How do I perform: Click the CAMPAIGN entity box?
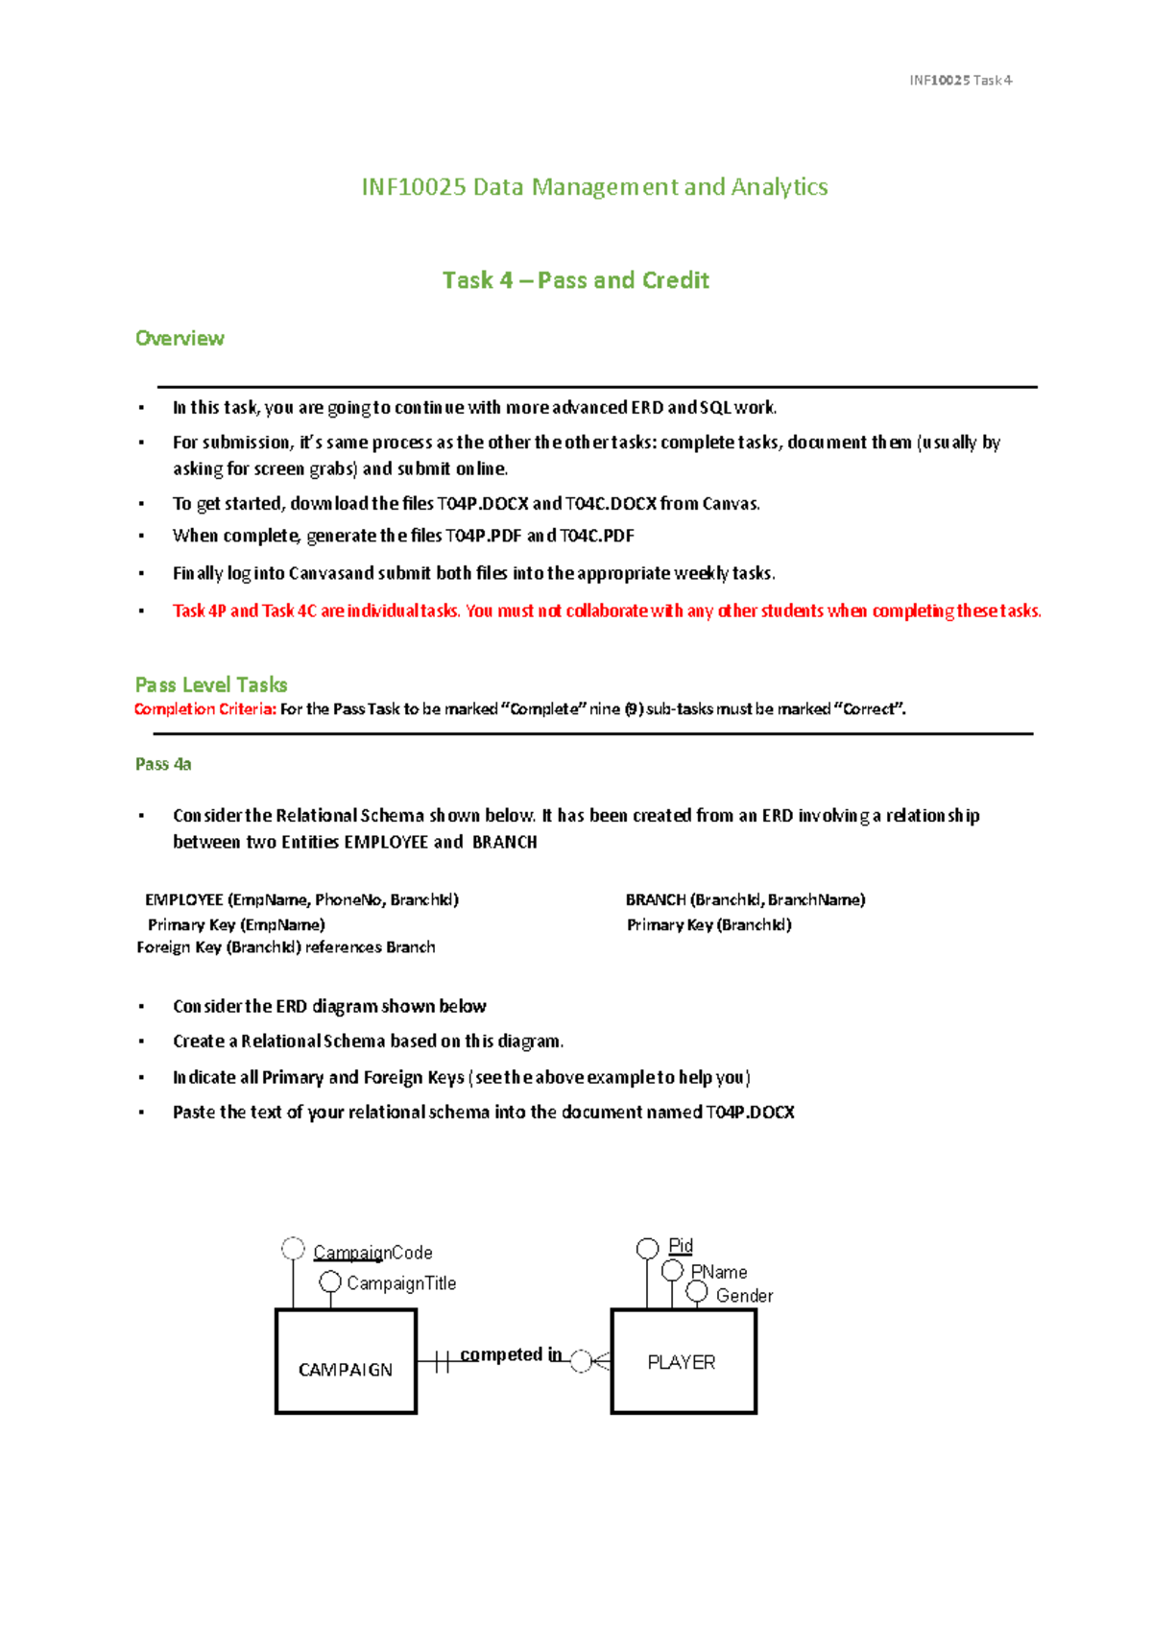pos(346,1361)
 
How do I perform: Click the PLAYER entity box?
pos(683,1361)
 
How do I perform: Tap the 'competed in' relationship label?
pos(511,1354)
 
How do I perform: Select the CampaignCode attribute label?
pos(372,1253)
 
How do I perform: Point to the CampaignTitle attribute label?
pos(401,1283)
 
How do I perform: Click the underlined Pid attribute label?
pos(681,1246)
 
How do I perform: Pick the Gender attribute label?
pos(744,1296)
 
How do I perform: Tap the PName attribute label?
pos(719,1272)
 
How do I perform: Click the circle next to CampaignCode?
pos(293,1248)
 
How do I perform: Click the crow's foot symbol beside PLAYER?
pos(599,1361)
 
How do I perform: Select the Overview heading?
pos(180,338)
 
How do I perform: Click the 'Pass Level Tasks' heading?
pos(211,684)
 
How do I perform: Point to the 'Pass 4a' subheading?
pos(163,764)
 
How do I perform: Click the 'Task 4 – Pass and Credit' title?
pos(575,280)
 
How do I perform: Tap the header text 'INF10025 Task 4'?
pos(960,81)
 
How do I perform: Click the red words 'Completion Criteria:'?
pos(204,709)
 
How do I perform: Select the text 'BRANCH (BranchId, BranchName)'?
pos(745,899)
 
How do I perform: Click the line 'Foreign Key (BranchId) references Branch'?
pos(286,947)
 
